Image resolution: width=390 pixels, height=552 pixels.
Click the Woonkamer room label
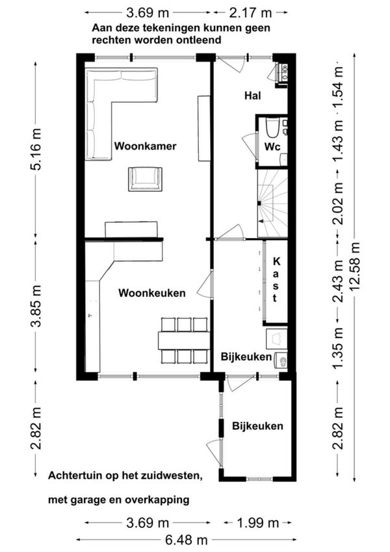click(145, 146)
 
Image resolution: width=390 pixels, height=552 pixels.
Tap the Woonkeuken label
click(151, 293)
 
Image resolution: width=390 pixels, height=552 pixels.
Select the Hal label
click(253, 96)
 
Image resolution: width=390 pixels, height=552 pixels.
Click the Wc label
click(272, 147)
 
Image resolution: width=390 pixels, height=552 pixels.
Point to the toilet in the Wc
click(272, 128)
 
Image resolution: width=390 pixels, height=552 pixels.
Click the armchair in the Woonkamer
click(145, 179)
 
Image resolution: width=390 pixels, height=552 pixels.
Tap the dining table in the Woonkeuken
click(184, 340)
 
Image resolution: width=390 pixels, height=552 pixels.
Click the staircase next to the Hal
click(272, 203)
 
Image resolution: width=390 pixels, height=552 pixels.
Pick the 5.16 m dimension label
click(36, 150)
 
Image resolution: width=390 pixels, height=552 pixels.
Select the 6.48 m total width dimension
click(186, 540)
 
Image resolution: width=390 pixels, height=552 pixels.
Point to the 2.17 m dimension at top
click(251, 13)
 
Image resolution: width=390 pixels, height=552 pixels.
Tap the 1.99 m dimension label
click(257, 523)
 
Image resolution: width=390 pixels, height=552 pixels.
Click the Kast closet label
click(276, 280)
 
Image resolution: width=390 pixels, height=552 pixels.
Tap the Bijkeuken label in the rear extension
click(257, 426)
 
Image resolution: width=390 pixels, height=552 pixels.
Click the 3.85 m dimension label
click(36, 306)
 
